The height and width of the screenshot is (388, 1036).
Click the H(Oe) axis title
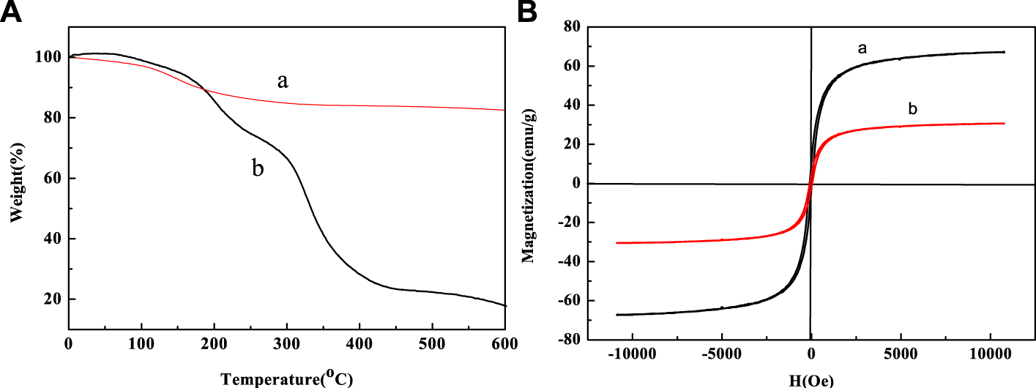[x=811, y=379]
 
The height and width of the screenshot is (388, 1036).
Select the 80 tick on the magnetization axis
[x=572, y=27]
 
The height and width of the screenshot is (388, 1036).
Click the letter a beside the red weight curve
[x=282, y=81]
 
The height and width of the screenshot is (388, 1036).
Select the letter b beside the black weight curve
[x=258, y=168]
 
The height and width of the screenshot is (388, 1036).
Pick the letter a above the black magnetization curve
[x=862, y=48]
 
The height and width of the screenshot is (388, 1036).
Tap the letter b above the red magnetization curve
[x=912, y=109]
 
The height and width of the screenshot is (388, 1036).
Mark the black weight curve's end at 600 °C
[x=505, y=306]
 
